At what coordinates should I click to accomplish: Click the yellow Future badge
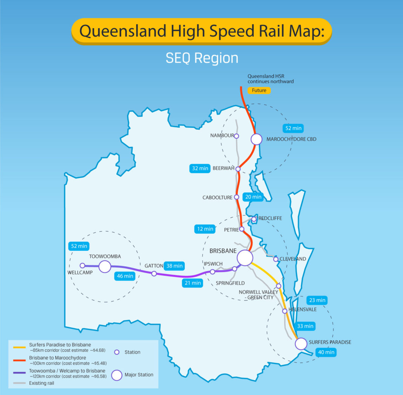click(259, 91)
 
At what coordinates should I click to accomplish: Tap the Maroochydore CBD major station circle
click(256, 139)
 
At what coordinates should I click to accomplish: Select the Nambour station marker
click(237, 136)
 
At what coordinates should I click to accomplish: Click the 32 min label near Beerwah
click(200, 169)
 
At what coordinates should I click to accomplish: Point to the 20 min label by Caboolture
click(253, 197)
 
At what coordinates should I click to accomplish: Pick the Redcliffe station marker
click(254, 219)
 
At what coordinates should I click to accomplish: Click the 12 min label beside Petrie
click(205, 229)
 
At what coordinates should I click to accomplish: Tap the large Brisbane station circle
click(245, 258)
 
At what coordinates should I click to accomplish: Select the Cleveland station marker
click(276, 259)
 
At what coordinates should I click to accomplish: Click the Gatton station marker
click(154, 274)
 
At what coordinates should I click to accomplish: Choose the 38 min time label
click(174, 266)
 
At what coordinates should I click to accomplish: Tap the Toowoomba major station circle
click(105, 267)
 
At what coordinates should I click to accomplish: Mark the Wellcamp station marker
click(82, 266)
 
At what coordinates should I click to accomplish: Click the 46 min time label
click(125, 276)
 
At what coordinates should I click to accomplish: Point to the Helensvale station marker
click(285, 311)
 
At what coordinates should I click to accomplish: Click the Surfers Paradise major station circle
click(301, 344)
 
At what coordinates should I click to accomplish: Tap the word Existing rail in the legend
click(42, 383)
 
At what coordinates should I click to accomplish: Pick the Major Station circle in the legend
click(117, 375)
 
